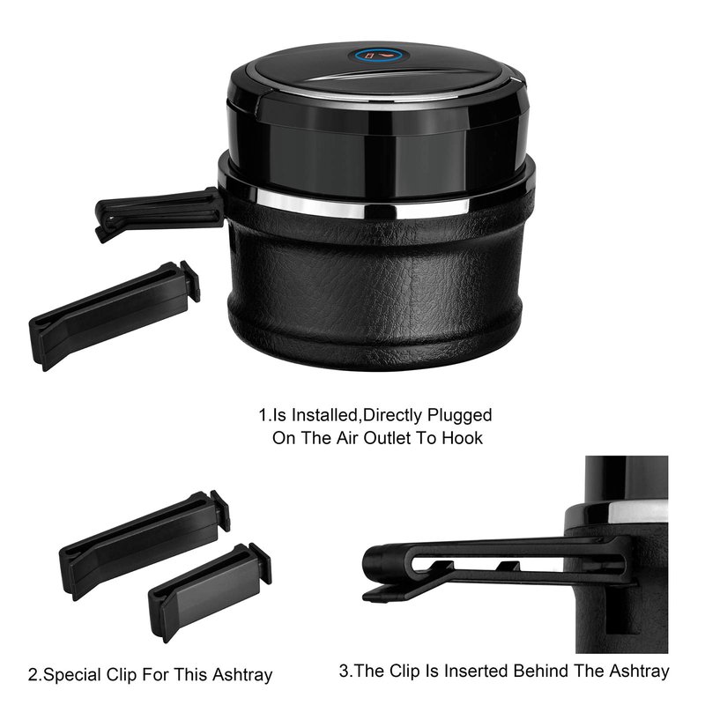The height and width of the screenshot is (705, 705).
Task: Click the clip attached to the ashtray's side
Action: [159, 213]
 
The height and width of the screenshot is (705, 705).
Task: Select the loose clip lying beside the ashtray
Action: [115, 314]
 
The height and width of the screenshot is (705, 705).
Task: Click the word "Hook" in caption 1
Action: [462, 438]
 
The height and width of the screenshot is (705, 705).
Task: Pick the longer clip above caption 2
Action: [145, 544]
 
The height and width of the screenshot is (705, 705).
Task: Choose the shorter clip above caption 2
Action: [210, 590]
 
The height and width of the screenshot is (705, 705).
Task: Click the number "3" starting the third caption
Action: [344, 672]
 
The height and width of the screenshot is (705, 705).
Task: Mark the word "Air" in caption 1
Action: [346, 438]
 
